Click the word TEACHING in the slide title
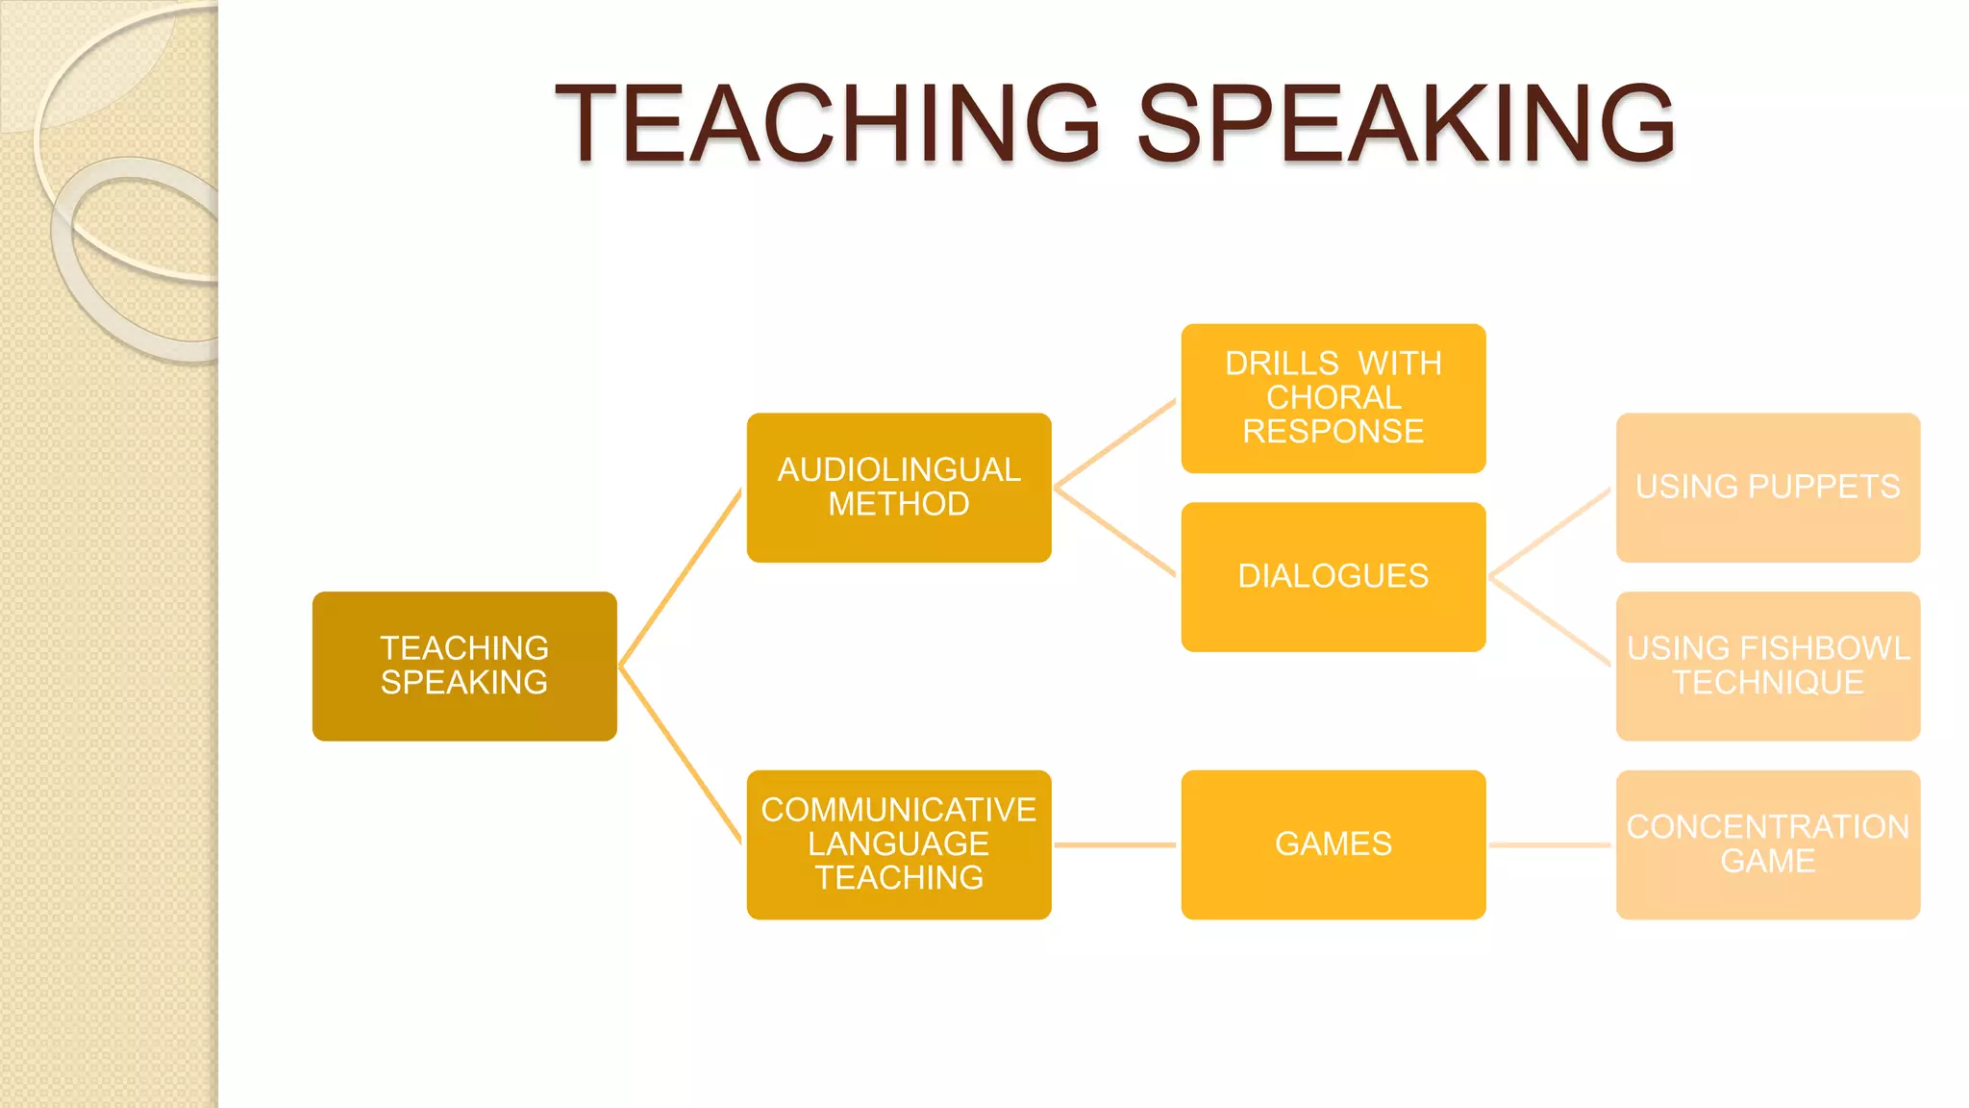tap(827, 123)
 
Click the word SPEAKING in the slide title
tap(1406, 123)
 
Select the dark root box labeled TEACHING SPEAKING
tap(464, 666)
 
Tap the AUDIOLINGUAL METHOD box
tap(899, 488)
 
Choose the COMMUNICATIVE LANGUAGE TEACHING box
tap(899, 844)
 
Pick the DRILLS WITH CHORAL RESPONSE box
tap(1333, 398)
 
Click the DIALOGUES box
tap(1333, 577)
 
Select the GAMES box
tap(1333, 844)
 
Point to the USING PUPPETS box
tap(1768, 488)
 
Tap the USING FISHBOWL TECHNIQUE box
tap(1768, 666)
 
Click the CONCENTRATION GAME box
tap(1768, 844)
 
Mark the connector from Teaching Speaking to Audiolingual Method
tap(681, 577)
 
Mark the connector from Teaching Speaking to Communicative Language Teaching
tap(681, 755)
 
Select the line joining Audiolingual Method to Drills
tap(1115, 443)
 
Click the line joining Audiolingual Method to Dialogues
tap(1115, 533)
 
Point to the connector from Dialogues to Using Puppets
tap(1550, 533)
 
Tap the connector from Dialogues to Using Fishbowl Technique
tap(1550, 621)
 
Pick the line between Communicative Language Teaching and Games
tap(1115, 845)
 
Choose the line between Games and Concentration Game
tap(1550, 845)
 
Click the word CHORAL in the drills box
tap(1333, 397)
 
